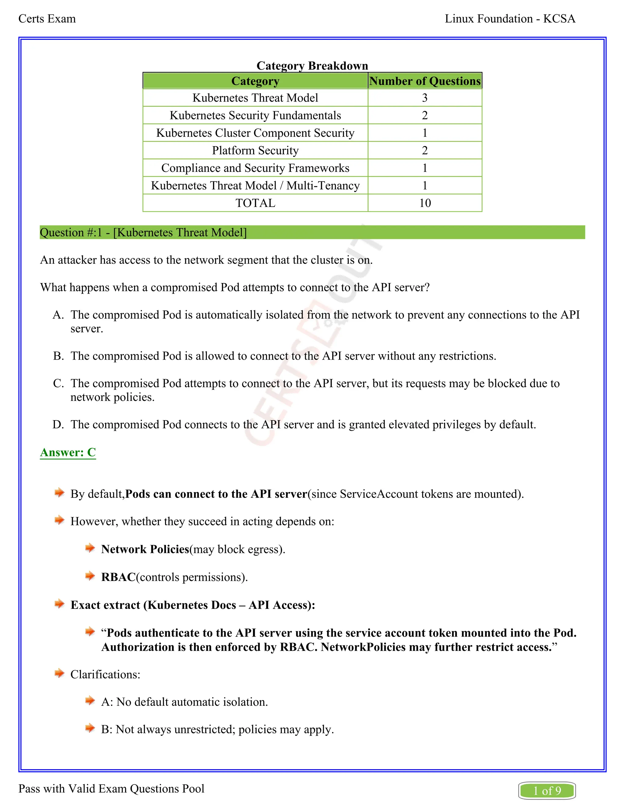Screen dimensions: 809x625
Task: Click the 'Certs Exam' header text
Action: coord(47,19)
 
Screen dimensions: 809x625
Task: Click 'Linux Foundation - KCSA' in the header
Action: coord(510,19)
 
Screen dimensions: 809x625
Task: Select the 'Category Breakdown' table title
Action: coord(312,66)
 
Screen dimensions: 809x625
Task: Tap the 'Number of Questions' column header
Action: coord(425,81)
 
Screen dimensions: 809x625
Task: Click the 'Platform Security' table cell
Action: coord(255,151)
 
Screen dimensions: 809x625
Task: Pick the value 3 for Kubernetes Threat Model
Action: coord(425,98)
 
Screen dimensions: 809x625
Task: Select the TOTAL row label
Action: coord(255,203)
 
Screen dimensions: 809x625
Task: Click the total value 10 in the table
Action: coord(425,203)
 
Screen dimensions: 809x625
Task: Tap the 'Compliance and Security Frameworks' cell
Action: coord(255,168)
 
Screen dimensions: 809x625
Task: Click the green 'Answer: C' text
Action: coord(68,452)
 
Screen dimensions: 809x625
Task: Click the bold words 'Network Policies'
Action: coord(145,549)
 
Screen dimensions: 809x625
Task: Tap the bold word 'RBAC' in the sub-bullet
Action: coord(118,577)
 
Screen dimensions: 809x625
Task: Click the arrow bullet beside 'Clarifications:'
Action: coord(59,673)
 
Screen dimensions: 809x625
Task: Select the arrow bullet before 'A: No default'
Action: coord(90,701)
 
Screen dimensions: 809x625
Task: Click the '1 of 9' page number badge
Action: coord(547,791)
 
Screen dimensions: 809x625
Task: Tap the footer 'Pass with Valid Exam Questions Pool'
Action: coord(111,789)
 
